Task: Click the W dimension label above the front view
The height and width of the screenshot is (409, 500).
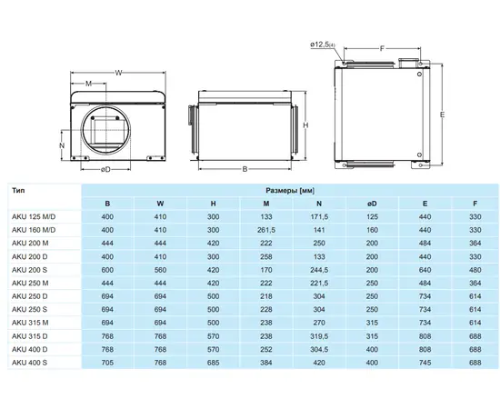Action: [118, 73]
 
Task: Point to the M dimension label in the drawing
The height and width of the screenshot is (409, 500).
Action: [89, 84]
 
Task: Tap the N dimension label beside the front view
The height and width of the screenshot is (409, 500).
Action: [62, 145]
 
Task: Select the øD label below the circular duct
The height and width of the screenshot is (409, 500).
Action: [105, 169]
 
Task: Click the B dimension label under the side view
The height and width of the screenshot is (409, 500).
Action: [245, 169]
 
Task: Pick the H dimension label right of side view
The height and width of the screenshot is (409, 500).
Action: [305, 125]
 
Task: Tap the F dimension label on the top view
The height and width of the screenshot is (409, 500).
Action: [382, 48]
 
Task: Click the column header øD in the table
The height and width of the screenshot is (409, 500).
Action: [372, 204]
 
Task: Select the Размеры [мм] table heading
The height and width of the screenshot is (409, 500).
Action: [290, 191]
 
